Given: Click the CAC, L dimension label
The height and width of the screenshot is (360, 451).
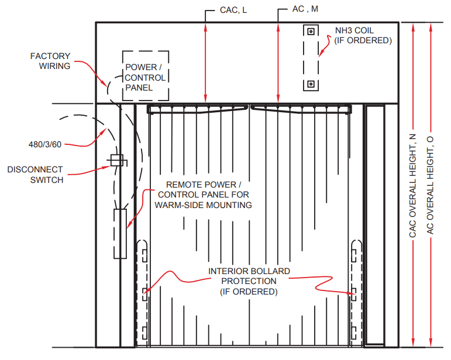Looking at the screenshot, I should click(233, 11).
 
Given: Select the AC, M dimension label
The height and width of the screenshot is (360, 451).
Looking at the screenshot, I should click(305, 10).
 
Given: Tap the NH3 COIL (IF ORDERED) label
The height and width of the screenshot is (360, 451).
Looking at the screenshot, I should click(362, 35).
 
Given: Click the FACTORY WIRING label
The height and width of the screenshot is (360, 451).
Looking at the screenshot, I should click(50, 61).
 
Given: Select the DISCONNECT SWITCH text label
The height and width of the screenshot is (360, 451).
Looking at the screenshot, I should click(35, 175).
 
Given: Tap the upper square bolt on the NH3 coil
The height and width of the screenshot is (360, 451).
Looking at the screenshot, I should click(311, 30).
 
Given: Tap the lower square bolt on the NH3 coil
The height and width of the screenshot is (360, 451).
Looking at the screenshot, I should click(311, 85).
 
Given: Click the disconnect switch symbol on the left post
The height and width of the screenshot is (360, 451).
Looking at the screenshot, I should click(117, 160).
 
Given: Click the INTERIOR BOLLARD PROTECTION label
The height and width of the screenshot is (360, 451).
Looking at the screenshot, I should click(249, 281).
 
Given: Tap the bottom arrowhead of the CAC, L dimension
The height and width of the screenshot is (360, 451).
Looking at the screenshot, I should click(206, 101).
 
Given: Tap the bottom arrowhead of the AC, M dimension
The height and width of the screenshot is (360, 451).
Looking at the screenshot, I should click(278, 101).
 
